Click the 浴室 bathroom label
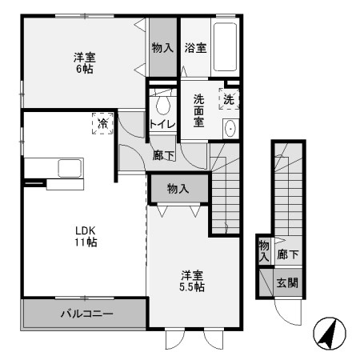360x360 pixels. click(195, 48)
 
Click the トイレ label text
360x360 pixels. click(162, 124)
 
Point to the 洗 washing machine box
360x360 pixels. click(230, 99)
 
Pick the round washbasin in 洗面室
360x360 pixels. click(230, 128)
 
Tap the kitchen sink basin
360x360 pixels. click(69, 168)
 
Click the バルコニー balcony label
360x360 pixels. click(86, 313)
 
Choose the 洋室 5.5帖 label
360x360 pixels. click(192, 279)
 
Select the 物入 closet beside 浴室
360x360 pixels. click(162, 48)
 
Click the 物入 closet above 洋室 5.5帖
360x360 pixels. click(178, 189)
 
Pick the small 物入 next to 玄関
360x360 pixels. click(264, 251)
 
